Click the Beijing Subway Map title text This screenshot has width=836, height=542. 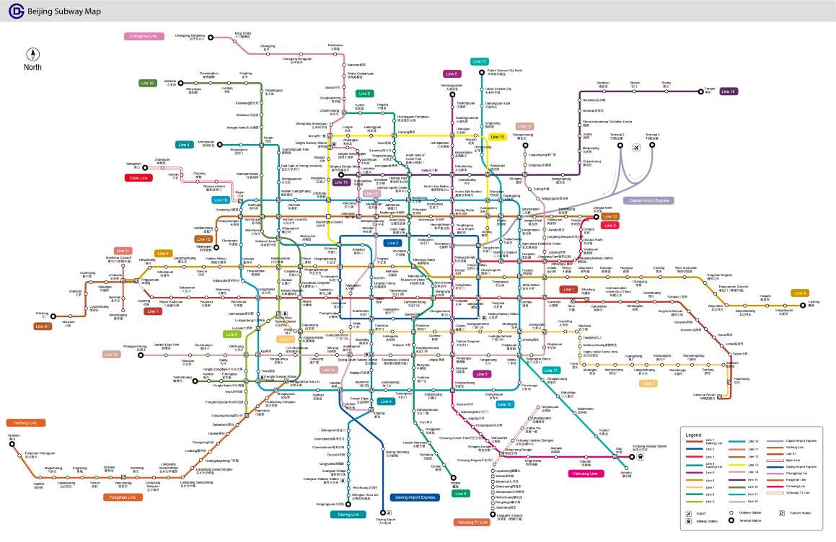[64, 12]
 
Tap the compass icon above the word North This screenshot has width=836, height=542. [32, 54]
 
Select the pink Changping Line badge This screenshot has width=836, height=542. [146, 36]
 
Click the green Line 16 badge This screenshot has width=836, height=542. [147, 84]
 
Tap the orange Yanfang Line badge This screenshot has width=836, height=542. [25, 423]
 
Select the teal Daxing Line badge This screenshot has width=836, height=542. [348, 515]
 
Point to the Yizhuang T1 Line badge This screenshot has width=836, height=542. [472, 521]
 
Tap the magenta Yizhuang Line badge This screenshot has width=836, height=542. [584, 474]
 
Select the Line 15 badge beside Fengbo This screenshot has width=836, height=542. [729, 92]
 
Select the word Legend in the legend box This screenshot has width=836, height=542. [693, 435]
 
